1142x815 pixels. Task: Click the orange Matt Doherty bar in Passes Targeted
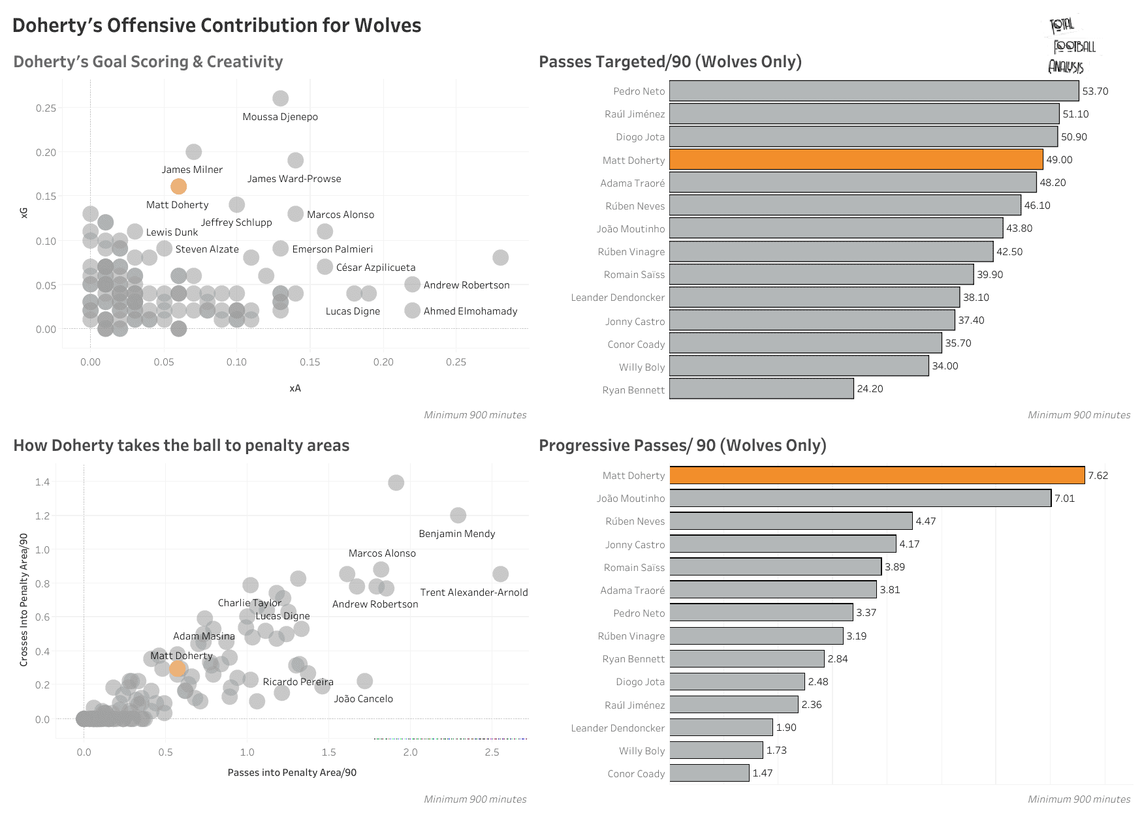[855, 160]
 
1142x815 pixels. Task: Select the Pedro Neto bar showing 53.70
[874, 91]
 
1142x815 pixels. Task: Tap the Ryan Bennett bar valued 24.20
[761, 389]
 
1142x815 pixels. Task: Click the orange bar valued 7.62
[877, 475]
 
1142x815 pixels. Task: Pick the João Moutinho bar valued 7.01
[860, 499]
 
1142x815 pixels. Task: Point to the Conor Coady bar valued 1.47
[709, 773]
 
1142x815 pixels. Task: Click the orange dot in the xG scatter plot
[178, 187]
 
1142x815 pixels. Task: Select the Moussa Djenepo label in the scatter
[280, 117]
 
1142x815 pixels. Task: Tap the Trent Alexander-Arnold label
[474, 592]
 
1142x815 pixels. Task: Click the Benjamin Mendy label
[457, 534]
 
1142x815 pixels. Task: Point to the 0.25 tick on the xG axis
[46, 108]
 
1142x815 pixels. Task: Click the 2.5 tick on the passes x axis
[492, 752]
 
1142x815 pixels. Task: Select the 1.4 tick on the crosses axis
[42, 482]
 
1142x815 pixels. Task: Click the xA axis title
[295, 388]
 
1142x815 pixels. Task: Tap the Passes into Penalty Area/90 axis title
[292, 773]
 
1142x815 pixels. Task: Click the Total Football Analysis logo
[1071, 46]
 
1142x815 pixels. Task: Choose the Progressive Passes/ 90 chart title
[682, 446]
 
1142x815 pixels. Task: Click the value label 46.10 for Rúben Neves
[1037, 206]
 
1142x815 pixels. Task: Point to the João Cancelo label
[363, 699]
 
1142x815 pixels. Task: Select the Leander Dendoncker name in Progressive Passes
[618, 728]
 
